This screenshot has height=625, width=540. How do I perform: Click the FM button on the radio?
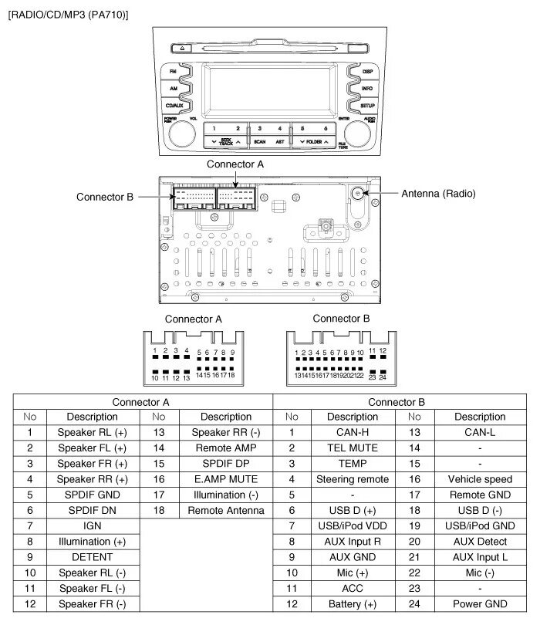[x=174, y=71]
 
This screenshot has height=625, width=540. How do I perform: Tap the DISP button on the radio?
[x=366, y=71]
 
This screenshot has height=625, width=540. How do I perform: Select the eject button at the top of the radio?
[x=182, y=47]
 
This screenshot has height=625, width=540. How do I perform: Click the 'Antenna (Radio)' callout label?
[x=438, y=194]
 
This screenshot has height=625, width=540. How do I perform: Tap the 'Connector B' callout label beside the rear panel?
[x=105, y=197]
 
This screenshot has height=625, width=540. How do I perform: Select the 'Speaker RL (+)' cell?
[x=92, y=433]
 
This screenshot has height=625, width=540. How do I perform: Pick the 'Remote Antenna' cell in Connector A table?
[x=226, y=511]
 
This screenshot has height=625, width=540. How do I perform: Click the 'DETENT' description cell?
[x=92, y=557]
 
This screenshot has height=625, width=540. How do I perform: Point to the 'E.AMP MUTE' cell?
[x=226, y=479]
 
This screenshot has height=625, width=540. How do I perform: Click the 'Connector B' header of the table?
[x=397, y=402]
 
